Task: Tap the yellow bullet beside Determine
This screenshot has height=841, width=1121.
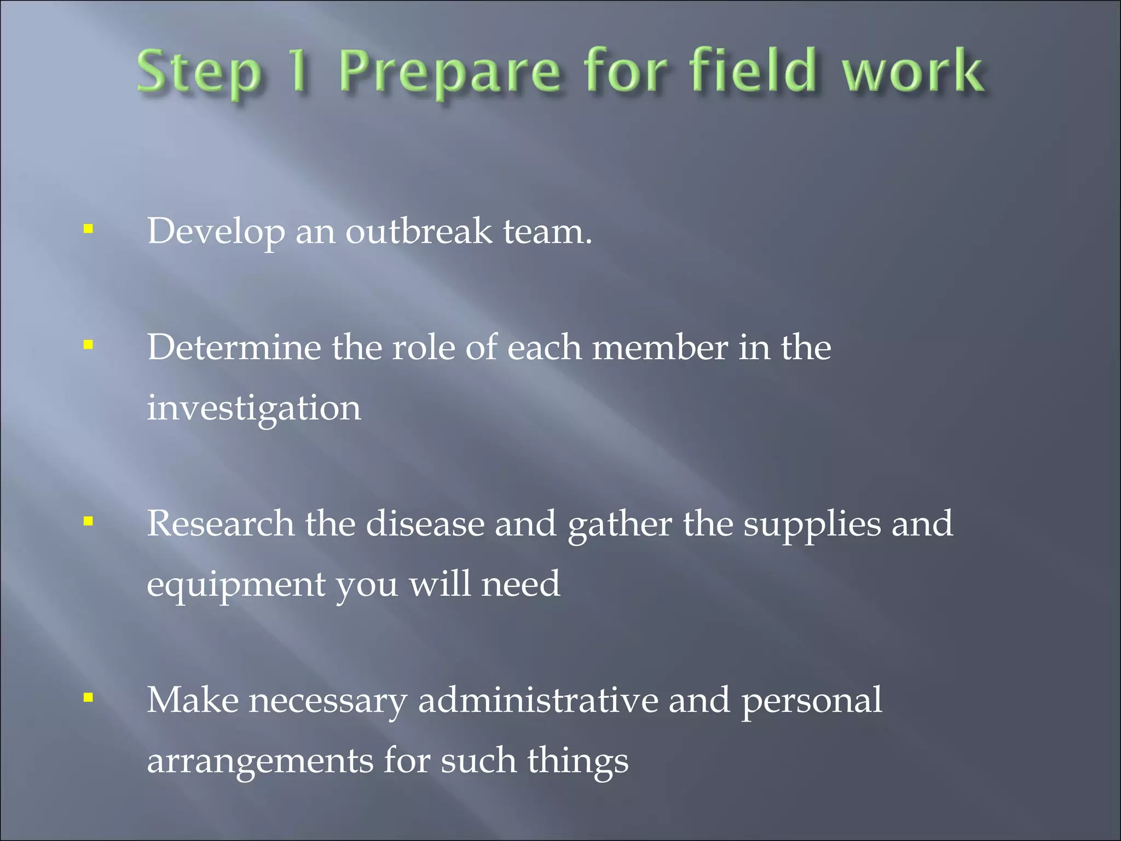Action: pos(88,345)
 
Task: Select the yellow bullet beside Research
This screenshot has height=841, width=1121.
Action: pos(88,521)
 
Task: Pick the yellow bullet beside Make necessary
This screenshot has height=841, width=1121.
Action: pos(88,698)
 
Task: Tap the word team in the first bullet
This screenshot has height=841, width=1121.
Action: pos(547,231)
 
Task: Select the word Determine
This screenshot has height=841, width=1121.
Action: pos(234,348)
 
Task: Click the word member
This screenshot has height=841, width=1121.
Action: pos(660,348)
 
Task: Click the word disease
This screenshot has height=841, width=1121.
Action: pos(425,524)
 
